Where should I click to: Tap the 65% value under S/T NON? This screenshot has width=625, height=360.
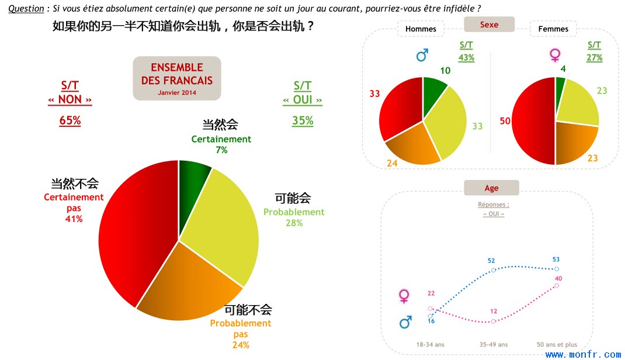tap(70, 120)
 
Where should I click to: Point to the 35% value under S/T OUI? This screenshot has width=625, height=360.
tap(303, 120)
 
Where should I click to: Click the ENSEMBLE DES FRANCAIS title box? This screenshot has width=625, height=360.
tap(177, 78)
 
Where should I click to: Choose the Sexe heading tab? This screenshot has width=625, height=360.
tap(489, 25)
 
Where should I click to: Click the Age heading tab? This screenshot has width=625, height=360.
tap(491, 188)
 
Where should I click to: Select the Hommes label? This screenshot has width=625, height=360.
tap(421, 29)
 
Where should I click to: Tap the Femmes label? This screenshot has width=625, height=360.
tap(553, 29)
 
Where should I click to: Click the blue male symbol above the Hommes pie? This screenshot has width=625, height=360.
tap(422, 55)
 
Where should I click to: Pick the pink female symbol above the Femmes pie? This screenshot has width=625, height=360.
tap(555, 55)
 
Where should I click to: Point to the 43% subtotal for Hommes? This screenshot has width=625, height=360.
tap(466, 57)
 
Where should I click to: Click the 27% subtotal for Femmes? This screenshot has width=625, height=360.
tap(594, 57)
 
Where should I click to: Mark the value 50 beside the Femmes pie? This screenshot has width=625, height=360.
tap(505, 121)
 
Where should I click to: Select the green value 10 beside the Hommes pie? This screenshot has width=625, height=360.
tap(445, 71)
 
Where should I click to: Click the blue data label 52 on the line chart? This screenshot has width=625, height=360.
tap(491, 261)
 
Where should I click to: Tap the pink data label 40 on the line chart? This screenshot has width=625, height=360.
tap(558, 278)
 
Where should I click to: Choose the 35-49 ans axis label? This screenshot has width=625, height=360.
tap(494, 344)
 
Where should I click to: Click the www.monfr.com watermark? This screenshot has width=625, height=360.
tap(583, 354)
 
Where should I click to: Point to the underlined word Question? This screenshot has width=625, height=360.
tap(26, 8)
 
